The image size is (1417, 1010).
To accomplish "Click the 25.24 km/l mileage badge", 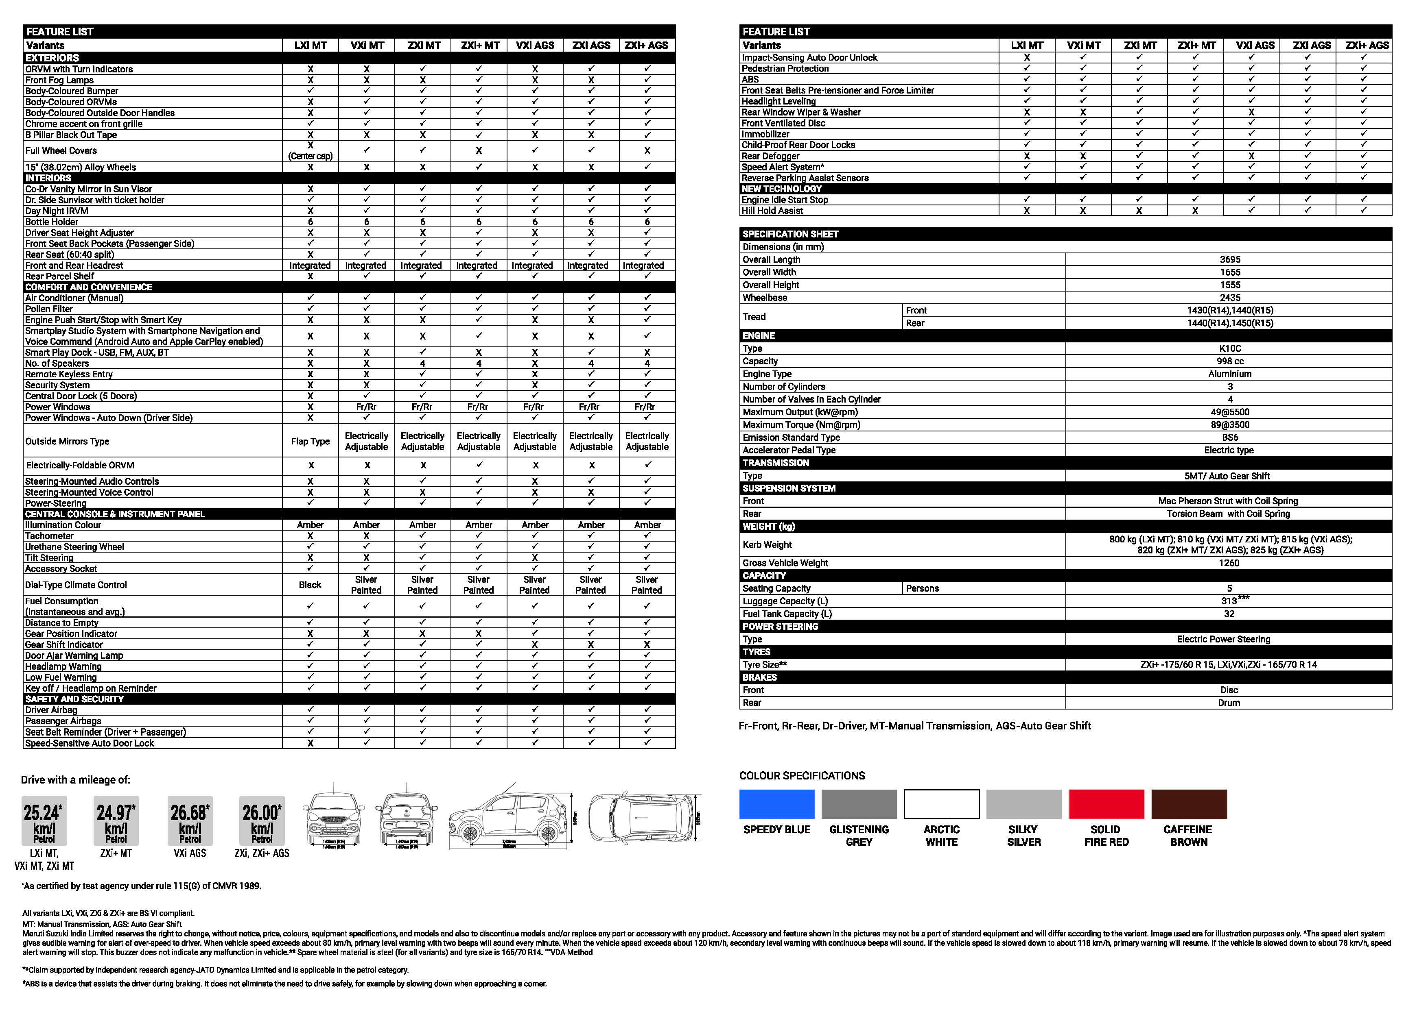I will click(44, 820).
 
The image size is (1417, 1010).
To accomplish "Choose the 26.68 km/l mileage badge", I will click(190, 820).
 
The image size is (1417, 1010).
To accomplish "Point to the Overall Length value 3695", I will click(1229, 259).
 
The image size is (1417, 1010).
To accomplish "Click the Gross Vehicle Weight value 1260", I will click(1229, 563).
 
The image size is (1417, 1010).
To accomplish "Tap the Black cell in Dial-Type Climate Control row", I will click(310, 585).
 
